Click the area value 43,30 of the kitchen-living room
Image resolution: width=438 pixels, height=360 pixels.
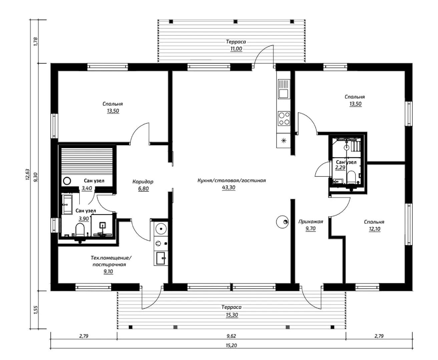pyautogui.click(x=229, y=188)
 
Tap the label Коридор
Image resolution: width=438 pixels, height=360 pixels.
pyautogui.click(x=143, y=182)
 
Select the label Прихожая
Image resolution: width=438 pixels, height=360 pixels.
pyautogui.click(x=311, y=222)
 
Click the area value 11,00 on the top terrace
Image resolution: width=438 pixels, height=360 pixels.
pyautogui.click(x=236, y=49)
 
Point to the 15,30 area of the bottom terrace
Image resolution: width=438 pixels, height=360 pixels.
pyautogui.click(x=232, y=315)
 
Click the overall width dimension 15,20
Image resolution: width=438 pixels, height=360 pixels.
pyautogui.click(x=232, y=345)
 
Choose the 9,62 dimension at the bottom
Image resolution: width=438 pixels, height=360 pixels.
pyautogui.click(x=231, y=336)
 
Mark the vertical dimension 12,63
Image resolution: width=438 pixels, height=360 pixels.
pyautogui.click(x=28, y=174)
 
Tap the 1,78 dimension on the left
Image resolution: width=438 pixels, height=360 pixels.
pyautogui.click(x=36, y=41)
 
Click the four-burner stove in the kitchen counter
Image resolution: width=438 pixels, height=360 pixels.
pyautogui.click(x=284, y=118)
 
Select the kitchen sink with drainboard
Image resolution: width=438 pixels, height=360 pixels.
pyautogui.click(x=284, y=89)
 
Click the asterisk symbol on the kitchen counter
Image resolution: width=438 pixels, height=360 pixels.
pyautogui.click(x=284, y=141)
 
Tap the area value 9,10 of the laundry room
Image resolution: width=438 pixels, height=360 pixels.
pyautogui.click(x=108, y=271)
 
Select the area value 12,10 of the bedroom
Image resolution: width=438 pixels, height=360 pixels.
pyautogui.click(x=374, y=229)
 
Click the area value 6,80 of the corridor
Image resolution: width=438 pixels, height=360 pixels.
pyautogui.click(x=143, y=189)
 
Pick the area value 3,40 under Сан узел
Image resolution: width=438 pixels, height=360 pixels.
pyautogui.click(x=87, y=188)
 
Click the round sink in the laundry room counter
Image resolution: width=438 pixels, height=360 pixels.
pyautogui.click(x=161, y=229)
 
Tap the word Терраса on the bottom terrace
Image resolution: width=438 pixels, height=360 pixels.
pyautogui.click(x=232, y=307)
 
